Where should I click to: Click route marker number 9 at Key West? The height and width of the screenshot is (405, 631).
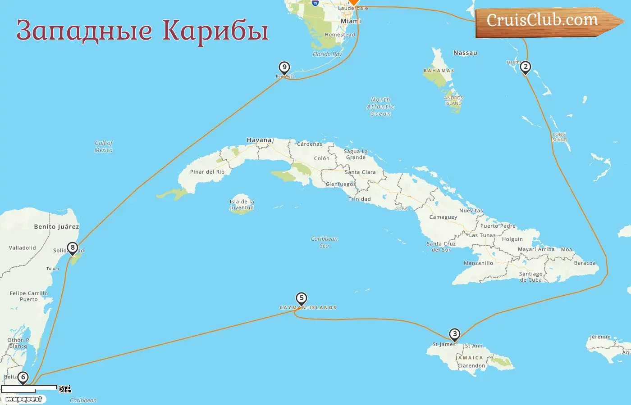(284, 67)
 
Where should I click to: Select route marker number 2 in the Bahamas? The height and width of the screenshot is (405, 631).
(525, 67)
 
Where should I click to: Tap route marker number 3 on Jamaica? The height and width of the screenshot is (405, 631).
(455, 334)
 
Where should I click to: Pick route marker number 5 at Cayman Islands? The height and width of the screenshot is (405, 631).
(301, 298)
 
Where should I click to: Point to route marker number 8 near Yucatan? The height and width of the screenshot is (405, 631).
(72, 247)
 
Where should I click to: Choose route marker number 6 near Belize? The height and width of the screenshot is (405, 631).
(23, 377)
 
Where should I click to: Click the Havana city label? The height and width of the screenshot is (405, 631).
(259, 140)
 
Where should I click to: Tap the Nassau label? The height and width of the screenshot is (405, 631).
(465, 53)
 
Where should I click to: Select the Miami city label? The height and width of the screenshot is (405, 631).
(351, 21)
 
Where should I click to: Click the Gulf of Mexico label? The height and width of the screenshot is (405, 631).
(104, 146)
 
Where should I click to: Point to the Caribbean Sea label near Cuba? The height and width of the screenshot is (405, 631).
(324, 242)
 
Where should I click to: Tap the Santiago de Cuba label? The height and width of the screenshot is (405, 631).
(530, 276)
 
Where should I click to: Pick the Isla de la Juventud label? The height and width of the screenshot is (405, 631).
(242, 204)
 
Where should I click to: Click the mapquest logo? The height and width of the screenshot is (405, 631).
(24, 399)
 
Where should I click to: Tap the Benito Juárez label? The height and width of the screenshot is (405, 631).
(56, 227)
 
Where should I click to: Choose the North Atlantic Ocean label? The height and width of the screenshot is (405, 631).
(380, 107)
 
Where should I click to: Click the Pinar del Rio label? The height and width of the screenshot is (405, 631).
(207, 172)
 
